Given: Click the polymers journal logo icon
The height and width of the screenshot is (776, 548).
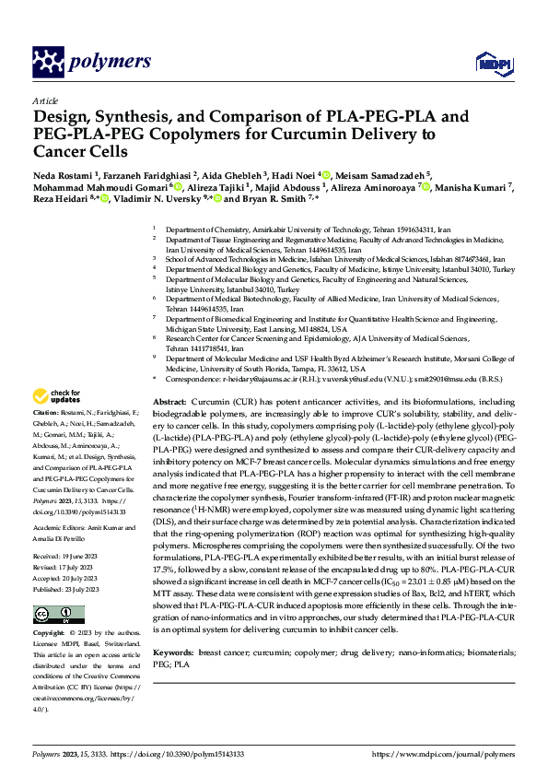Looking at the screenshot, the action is (x=48, y=61).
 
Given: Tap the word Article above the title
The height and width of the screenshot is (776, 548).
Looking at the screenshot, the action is (x=45, y=100).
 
